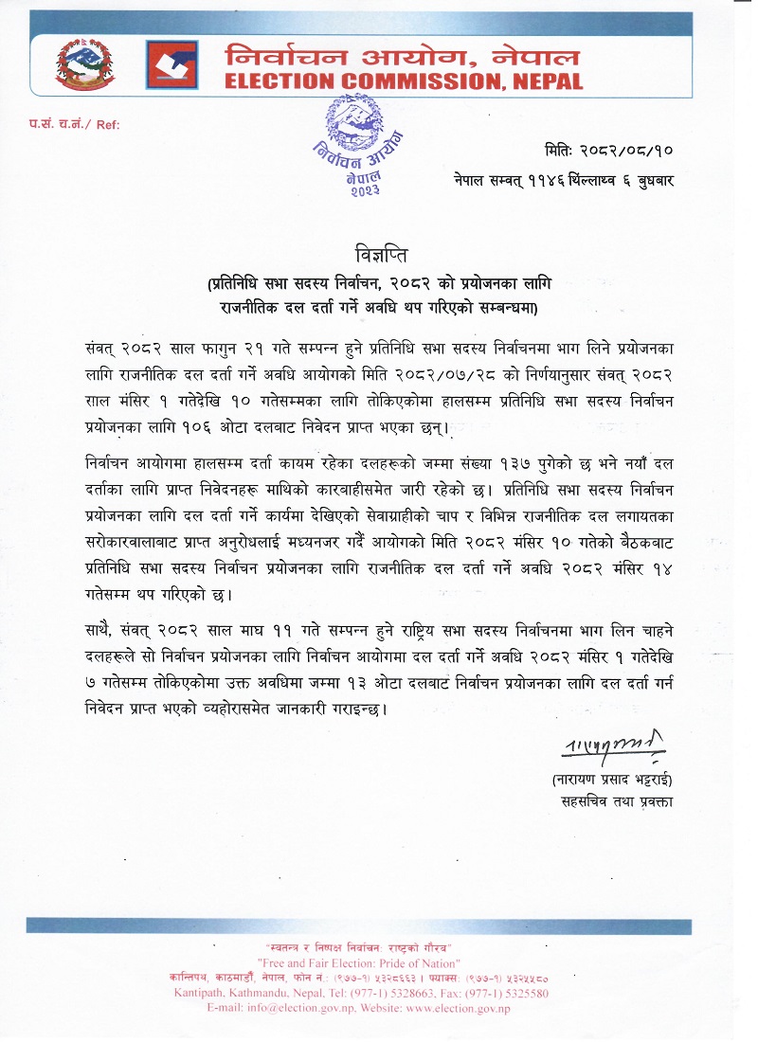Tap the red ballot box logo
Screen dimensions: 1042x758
[172, 63]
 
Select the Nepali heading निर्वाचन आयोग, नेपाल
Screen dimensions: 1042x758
[403, 55]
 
